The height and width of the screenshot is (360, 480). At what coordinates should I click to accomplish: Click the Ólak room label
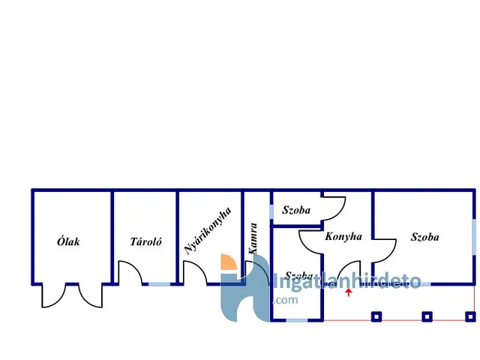coord(68,241)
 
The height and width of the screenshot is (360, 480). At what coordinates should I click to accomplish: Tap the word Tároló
coord(145,241)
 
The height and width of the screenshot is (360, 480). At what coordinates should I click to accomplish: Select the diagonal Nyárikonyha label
coord(208,232)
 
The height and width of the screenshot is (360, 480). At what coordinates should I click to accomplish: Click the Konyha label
coord(343,236)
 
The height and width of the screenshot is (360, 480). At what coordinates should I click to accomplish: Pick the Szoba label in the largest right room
coord(424,237)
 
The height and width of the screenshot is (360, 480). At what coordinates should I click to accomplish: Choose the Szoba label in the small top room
coord(296,211)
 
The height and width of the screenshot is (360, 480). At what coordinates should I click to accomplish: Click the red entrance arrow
coord(348,292)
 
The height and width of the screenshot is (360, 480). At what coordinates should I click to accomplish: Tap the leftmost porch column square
coord(376,316)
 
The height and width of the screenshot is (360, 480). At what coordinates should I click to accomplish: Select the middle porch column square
coord(427,316)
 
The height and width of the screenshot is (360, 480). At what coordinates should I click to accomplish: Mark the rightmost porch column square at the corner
coord(470,316)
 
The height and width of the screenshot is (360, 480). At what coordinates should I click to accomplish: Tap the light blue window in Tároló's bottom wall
coord(159,283)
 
